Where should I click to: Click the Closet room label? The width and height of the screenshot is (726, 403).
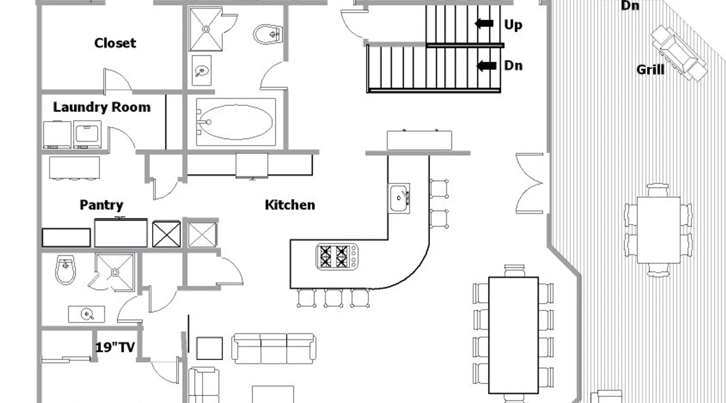115,43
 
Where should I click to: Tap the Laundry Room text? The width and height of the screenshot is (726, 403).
102,107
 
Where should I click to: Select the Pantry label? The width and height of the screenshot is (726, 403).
101,205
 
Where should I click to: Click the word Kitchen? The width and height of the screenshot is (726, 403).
290,205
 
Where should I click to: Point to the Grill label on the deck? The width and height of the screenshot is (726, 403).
650,70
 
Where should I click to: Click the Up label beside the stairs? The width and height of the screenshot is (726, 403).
513,25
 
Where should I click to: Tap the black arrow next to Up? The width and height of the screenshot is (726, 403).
484,24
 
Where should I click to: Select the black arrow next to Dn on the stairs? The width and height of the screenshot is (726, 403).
486,66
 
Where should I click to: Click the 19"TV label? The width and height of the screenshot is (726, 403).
115,347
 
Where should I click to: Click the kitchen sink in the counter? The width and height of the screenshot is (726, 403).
399,198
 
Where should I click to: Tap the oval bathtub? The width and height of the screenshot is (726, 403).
236,122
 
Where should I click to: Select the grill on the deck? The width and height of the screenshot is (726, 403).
679,54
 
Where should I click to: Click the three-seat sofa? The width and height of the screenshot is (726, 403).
274,349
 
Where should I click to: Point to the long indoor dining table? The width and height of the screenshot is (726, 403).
513,335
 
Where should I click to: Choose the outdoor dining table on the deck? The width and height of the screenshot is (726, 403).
659,230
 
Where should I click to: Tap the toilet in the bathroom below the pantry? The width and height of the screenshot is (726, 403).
65,269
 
